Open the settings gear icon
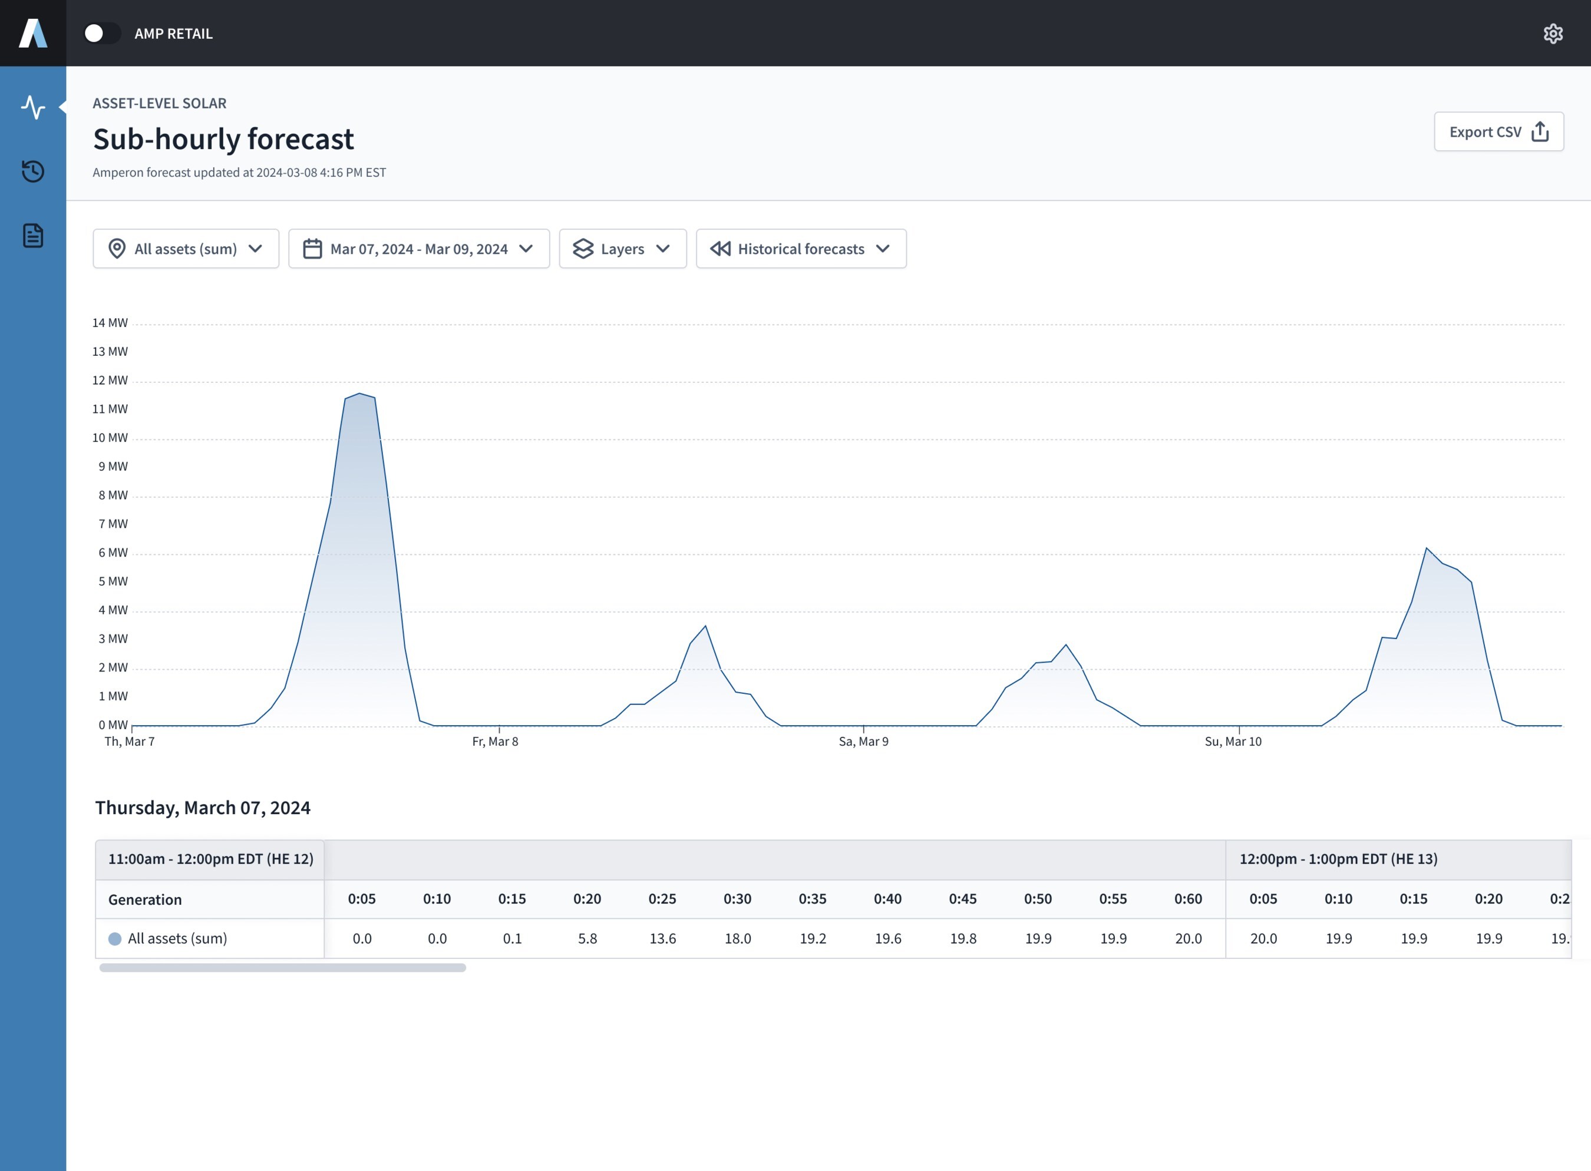click(x=1553, y=34)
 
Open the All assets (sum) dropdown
click(x=186, y=249)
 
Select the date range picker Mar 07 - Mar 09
click(x=419, y=249)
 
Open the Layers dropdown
click(x=622, y=249)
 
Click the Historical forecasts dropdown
click(x=801, y=249)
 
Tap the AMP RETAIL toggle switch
click(x=102, y=34)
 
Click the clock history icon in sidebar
click(x=32, y=171)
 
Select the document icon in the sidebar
click(x=32, y=236)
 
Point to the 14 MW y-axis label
click(x=110, y=323)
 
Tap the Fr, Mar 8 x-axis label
click(x=495, y=742)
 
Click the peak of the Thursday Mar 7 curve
click(x=360, y=393)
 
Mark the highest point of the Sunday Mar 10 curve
click(x=1427, y=548)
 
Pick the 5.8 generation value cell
click(x=587, y=938)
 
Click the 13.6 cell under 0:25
click(x=662, y=938)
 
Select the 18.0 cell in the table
click(x=737, y=938)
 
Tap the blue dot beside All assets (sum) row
click(x=114, y=938)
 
